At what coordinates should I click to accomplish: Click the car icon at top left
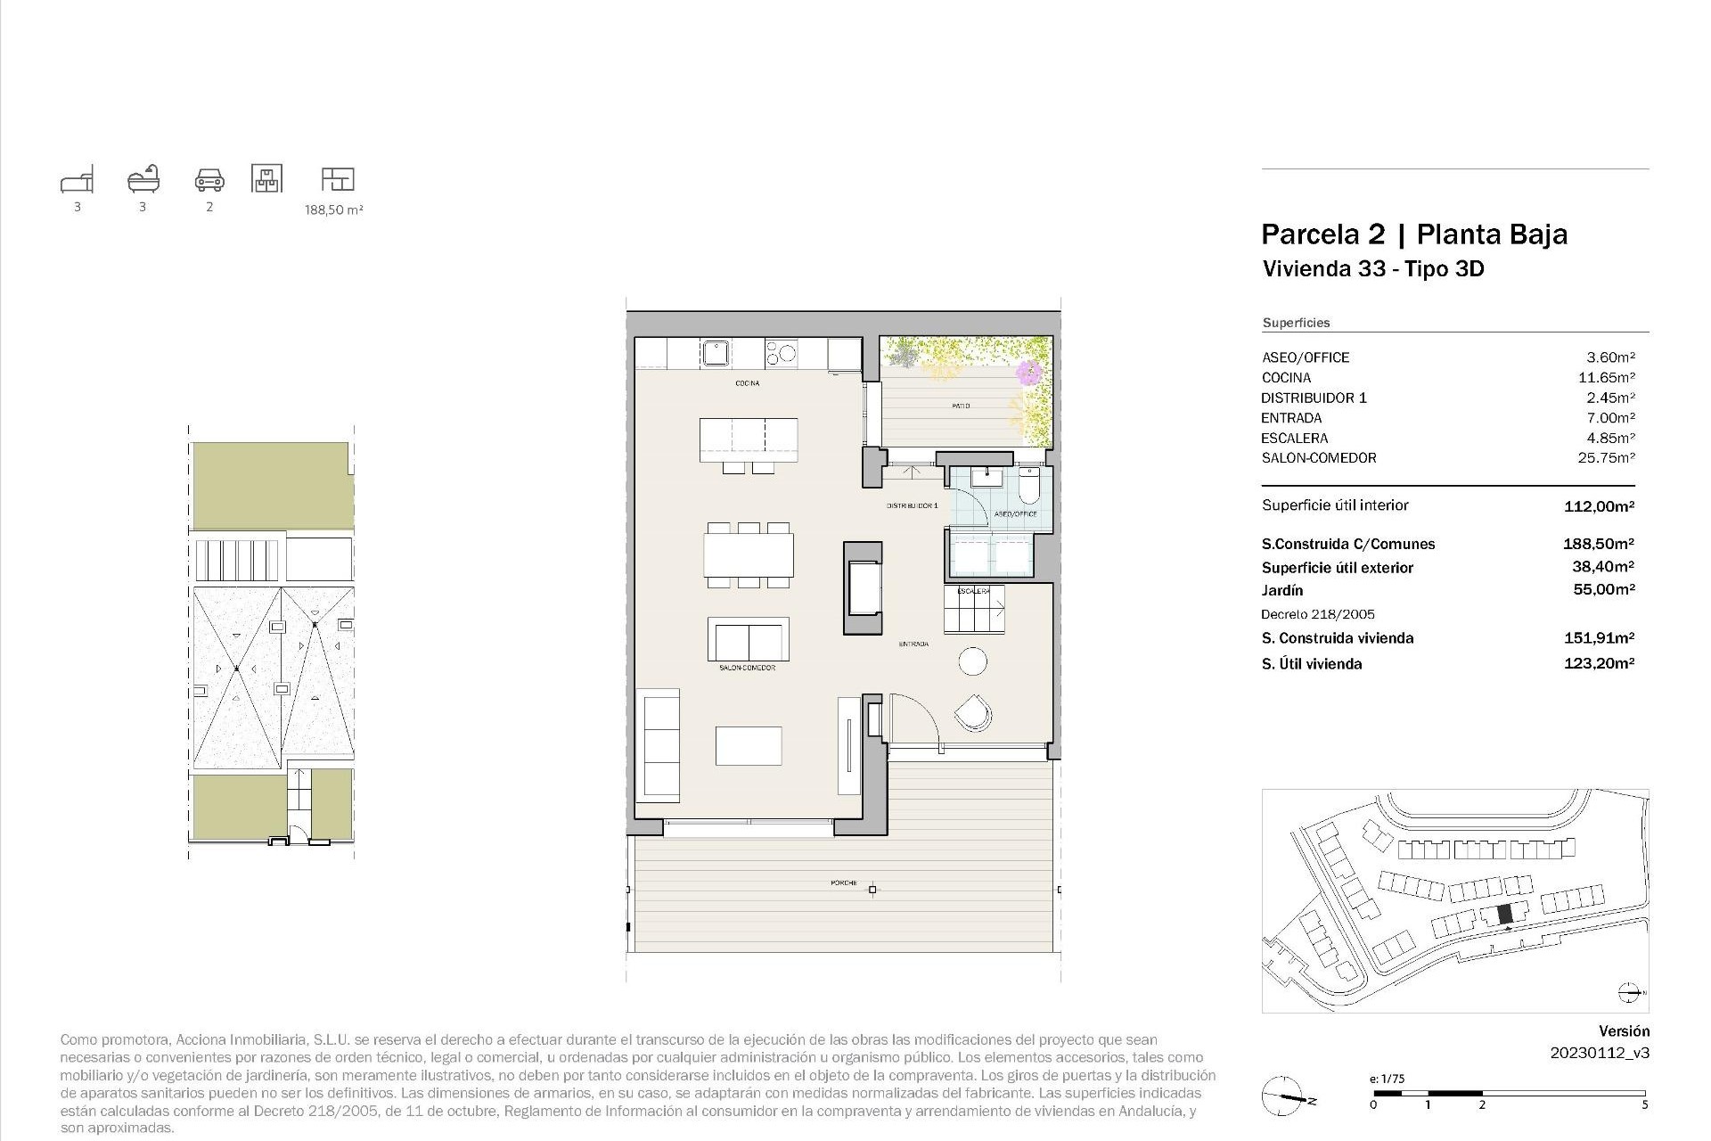pos(209,179)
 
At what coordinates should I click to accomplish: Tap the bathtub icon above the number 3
pos(143,179)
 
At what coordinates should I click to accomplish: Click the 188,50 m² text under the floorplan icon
pos(334,210)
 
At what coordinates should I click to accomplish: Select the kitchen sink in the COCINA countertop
pos(716,353)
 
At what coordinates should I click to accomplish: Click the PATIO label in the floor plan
pos(961,406)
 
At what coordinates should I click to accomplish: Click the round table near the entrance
pos(973,661)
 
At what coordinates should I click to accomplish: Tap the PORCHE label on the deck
pos(843,883)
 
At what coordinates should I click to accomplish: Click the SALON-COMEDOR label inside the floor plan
pos(747,668)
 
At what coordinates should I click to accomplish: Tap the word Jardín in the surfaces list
pos(1282,590)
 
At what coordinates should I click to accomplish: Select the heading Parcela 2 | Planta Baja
pos(1414,234)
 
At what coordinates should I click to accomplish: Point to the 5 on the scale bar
pos(1644,1104)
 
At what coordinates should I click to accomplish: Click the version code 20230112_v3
pos(1600,1053)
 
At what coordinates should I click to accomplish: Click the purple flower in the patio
pos(1031,371)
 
